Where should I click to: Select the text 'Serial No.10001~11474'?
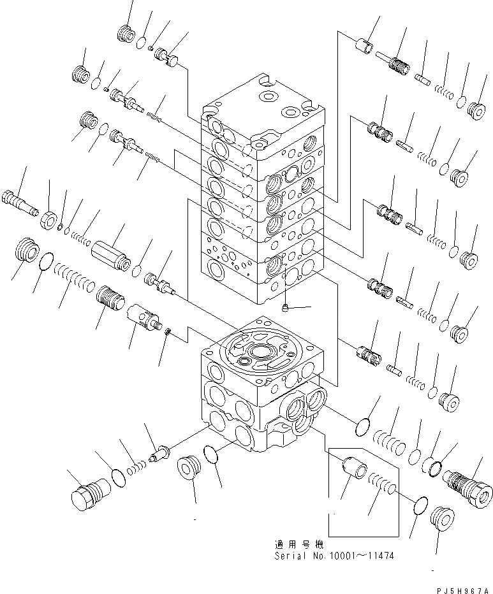click(x=334, y=556)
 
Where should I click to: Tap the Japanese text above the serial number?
click(x=298, y=545)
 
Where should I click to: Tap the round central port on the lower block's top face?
click(x=261, y=351)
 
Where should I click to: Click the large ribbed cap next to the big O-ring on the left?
click(x=26, y=250)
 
